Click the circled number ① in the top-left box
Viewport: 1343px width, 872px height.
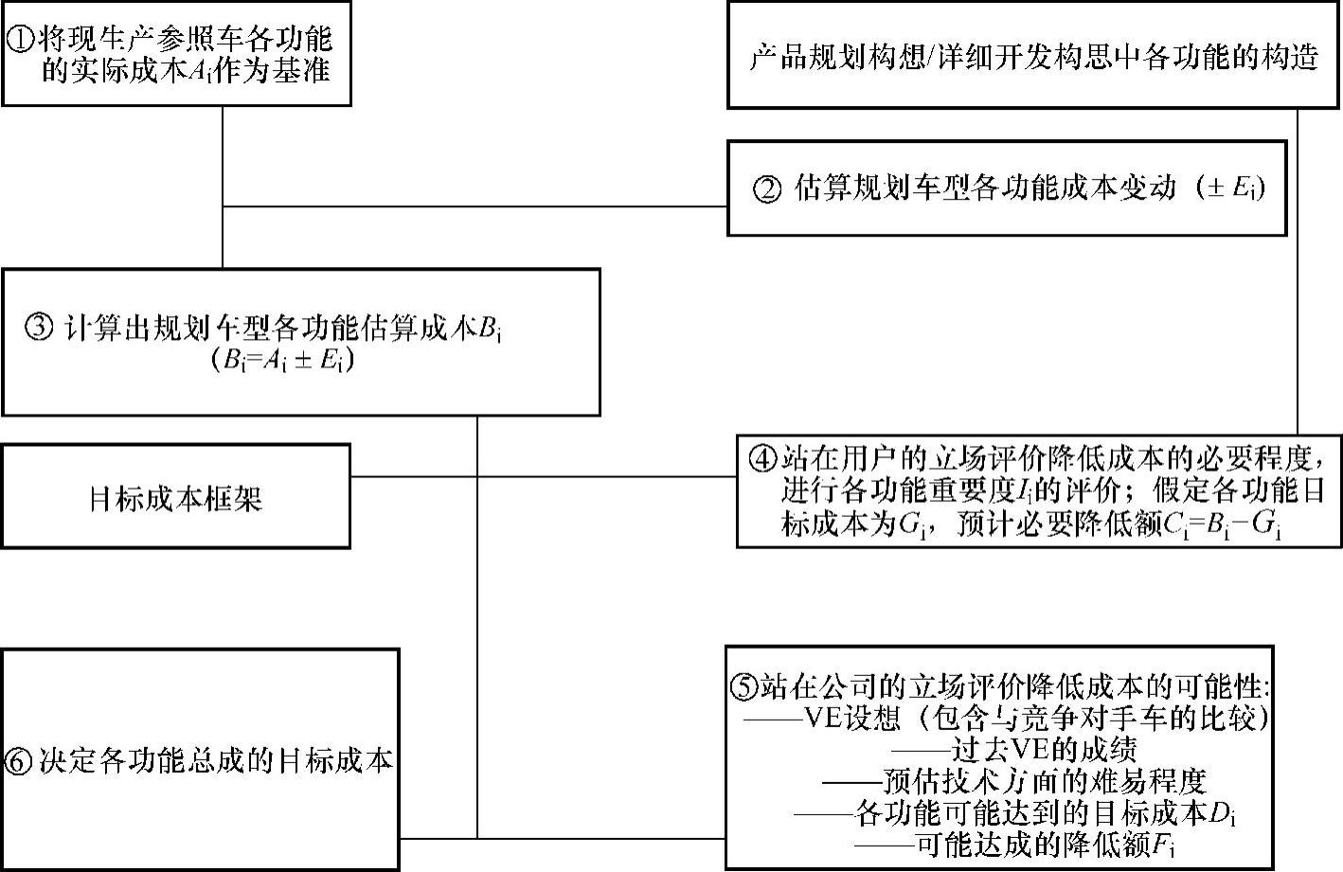tap(19, 39)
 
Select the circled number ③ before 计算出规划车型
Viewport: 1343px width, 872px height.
tap(41, 329)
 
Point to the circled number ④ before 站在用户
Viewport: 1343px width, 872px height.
tap(761, 459)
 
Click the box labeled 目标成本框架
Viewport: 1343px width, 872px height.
tap(175, 497)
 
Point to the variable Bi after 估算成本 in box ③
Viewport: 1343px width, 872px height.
tap(490, 329)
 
